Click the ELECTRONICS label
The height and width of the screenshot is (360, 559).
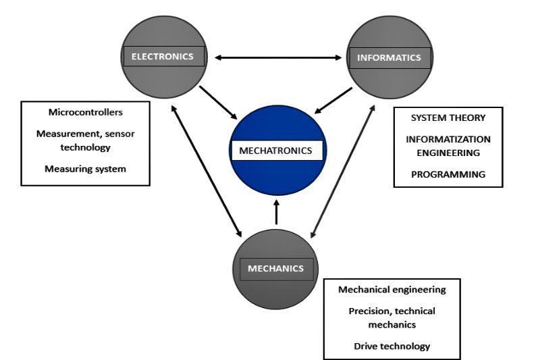point(163,57)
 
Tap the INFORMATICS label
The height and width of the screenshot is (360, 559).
point(388,57)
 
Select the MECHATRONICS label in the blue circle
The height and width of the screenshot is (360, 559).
point(276,150)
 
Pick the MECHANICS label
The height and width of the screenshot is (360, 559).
point(275,268)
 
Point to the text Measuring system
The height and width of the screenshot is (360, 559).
point(85,168)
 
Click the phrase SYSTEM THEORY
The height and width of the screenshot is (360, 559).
point(448,118)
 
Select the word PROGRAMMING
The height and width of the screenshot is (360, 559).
point(448,174)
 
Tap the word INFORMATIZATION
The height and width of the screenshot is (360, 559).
point(448,139)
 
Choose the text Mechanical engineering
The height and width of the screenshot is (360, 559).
point(392,289)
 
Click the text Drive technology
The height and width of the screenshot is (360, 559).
point(392,346)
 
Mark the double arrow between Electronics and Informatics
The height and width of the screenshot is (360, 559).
point(277,57)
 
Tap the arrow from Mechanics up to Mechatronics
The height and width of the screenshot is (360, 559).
point(276,211)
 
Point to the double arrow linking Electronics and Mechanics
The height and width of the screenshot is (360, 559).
point(207,171)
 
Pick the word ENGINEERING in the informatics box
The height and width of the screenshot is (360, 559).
point(448,153)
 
